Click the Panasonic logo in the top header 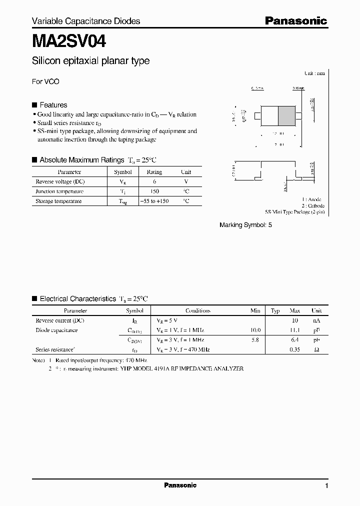[295, 21]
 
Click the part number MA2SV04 [69, 40]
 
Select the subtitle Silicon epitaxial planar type [90, 61]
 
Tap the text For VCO [45, 81]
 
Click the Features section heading [53, 105]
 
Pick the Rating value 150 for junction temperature [154, 191]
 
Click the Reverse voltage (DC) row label [59, 181]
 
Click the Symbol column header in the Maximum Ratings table [123, 172]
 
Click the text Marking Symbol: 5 [246, 225]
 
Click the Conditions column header [198, 310]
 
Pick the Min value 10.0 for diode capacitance [255, 330]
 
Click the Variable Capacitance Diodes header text [86, 21]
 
